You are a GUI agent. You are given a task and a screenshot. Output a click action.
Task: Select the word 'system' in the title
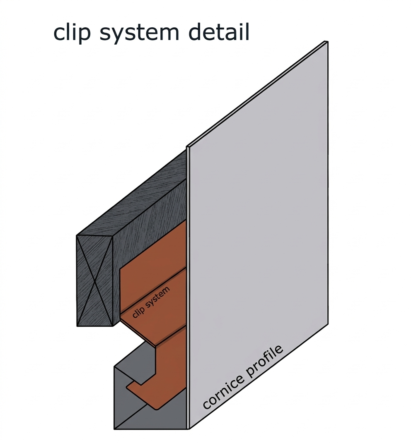140,34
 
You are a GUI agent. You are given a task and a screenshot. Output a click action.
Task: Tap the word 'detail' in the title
219,32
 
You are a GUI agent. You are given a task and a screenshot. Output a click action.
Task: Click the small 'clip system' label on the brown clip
151,302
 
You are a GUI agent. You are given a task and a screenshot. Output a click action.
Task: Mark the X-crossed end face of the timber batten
95,281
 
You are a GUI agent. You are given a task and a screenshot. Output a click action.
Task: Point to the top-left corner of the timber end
77,235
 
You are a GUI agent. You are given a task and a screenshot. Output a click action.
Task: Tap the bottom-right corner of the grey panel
328,324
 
